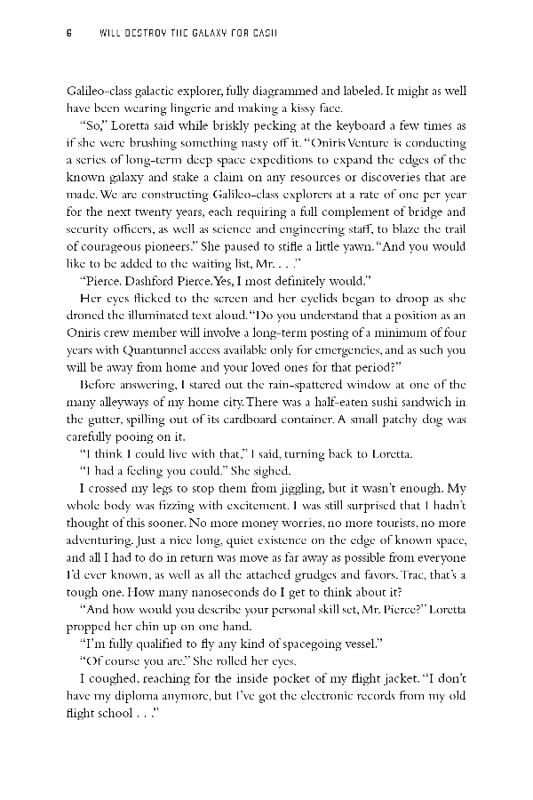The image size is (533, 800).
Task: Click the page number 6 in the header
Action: pyautogui.click(x=68, y=34)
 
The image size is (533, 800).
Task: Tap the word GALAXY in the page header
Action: pyautogui.click(x=199, y=34)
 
